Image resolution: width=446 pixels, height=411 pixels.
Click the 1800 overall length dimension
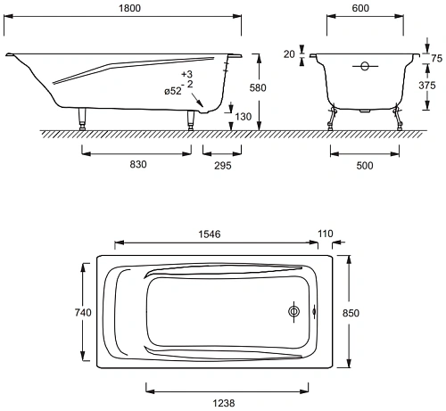(x=129, y=8)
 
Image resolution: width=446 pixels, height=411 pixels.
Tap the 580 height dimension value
(x=258, y=87)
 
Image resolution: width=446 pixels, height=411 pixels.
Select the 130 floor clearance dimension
(x=244, y=117)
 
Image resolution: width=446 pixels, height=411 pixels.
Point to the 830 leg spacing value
(x=138, y=164)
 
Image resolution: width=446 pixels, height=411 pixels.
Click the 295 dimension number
(x=223, y=166)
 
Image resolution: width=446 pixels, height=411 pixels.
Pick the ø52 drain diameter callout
(x=173, y=91)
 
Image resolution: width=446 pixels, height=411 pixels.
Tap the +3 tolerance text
(x=187, y=74)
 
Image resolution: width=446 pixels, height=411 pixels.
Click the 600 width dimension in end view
(x=360, y=8)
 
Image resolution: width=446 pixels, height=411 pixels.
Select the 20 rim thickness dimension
(x=289, y=54)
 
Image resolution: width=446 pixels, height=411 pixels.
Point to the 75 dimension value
(x=436, y=58)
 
